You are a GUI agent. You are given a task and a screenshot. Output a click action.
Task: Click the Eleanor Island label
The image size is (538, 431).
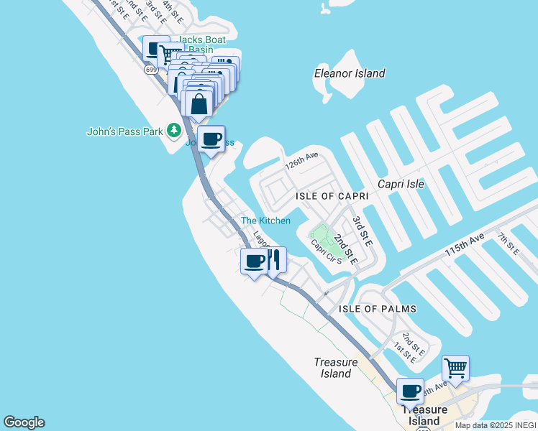350,73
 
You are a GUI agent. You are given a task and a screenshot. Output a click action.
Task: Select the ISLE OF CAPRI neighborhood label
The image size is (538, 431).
332,196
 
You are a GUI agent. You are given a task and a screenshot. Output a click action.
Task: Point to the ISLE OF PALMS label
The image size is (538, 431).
378,309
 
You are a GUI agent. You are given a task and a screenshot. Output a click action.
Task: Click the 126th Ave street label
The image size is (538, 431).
301,164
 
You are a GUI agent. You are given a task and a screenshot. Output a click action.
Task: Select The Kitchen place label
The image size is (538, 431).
265,221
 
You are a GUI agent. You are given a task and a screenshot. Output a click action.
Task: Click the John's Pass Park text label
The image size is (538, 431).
125,131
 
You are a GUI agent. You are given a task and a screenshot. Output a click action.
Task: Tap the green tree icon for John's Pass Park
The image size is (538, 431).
173,130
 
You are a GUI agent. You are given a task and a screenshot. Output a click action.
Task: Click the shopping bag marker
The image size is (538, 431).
199,103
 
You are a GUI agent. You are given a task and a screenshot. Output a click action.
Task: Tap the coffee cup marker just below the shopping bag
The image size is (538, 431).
211,139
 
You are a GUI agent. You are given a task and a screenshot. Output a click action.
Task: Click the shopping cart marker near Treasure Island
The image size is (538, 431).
455,368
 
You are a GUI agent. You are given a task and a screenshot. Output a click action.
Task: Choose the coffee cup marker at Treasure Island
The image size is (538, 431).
410,391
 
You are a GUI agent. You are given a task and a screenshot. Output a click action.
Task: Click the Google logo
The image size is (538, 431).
24,422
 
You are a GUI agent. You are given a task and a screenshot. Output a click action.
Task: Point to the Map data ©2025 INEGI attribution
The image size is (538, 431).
496,425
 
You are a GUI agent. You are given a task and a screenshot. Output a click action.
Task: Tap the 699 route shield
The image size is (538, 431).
150,70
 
